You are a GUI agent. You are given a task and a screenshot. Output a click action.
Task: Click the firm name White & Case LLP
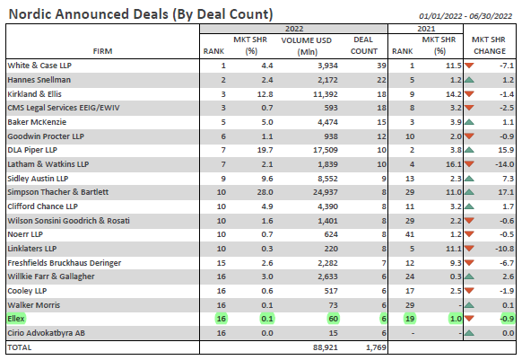(39, 66)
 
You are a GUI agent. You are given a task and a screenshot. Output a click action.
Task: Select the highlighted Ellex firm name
(16, 319)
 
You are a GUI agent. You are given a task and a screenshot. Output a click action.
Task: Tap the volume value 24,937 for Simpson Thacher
(326, 192)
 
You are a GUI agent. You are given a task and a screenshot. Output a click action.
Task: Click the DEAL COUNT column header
(363, 45)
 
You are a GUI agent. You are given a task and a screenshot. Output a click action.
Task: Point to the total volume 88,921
(326, 347)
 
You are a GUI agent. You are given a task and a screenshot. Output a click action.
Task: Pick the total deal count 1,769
(376, 347)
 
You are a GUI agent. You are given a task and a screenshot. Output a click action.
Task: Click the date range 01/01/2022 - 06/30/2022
(465, 16)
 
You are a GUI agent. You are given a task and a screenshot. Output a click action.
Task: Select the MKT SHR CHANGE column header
(490, 45)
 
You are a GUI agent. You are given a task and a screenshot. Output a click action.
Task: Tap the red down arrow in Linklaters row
(469, 249)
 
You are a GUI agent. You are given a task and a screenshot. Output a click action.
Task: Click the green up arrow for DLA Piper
(469, 150)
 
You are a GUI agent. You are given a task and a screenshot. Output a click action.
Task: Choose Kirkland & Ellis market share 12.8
(265, 94)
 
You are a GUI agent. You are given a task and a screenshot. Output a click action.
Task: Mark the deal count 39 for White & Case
(381, 66)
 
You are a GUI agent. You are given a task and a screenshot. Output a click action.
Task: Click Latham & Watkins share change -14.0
(504, 164)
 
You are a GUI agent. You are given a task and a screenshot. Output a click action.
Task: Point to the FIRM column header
(102, 51)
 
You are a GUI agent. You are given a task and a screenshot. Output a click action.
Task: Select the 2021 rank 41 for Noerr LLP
(410, 234)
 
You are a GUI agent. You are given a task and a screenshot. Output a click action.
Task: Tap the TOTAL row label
(20, 347)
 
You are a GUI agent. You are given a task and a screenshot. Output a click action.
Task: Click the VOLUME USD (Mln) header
(306, 46)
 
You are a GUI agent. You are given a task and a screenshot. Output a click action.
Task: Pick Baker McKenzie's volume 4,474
(327, 122)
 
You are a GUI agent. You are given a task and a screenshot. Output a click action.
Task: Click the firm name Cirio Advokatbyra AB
(47, 333)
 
